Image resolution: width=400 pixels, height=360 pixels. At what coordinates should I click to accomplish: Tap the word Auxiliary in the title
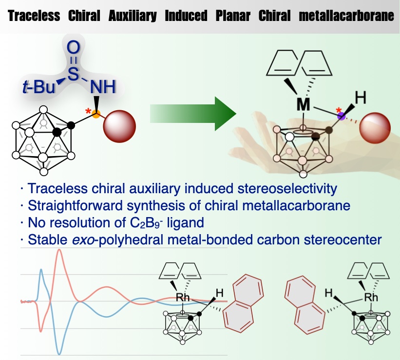pyautogui.click(x=133, y=16)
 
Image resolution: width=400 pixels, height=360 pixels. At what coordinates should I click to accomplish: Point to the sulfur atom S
pyautogui.click(x=73, y=72)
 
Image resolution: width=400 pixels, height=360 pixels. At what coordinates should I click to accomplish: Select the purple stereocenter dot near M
pyautogui.click(x=342, y=116)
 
